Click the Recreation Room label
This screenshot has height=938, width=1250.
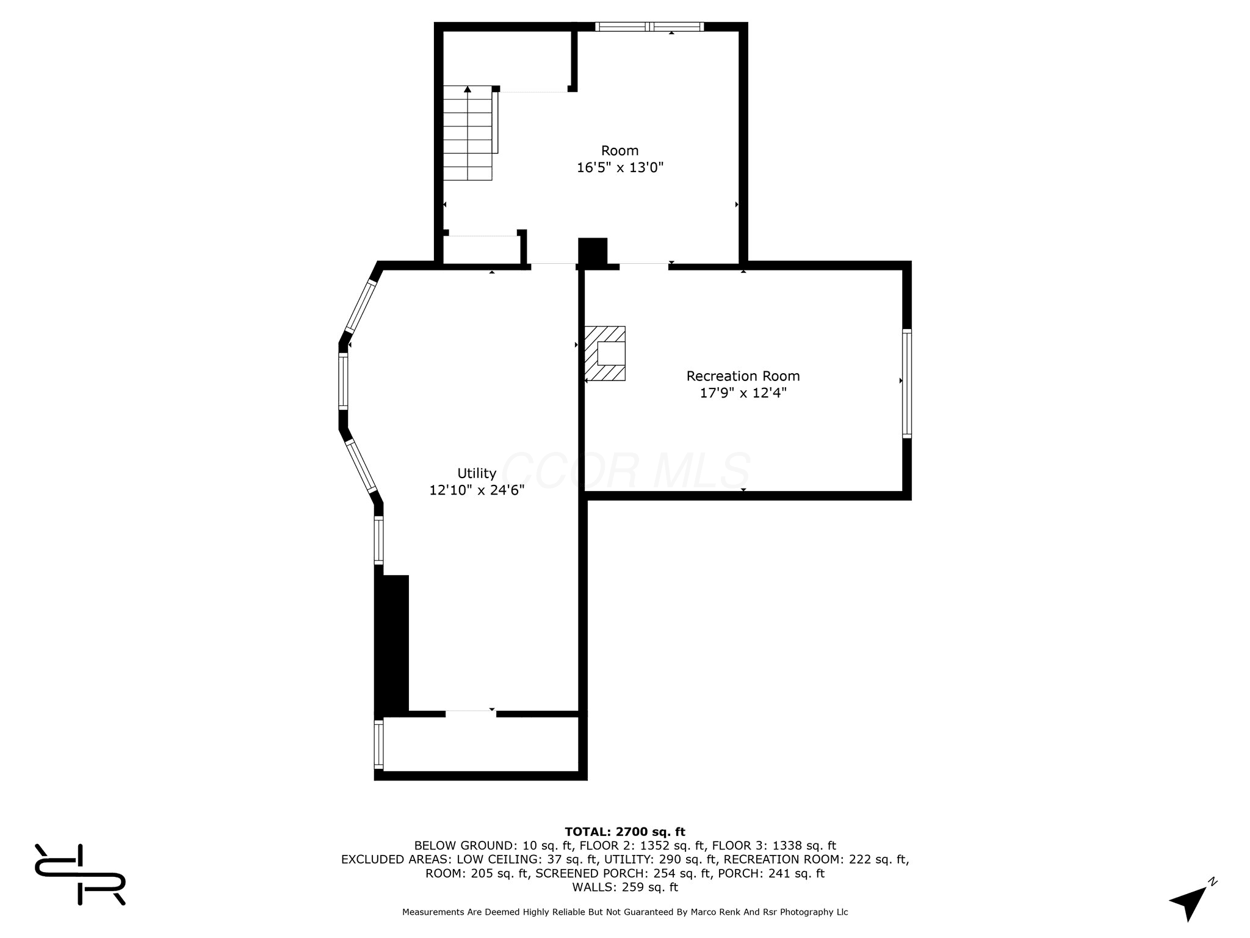click(x=743, y=376)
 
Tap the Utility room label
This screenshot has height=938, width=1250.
click(x=477, y=473)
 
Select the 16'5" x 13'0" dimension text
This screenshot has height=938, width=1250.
click(x=620, y=167)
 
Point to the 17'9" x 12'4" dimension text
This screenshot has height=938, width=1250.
click(x=743, y=393)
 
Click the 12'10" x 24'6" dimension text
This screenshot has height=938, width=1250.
click(x=477, y=490)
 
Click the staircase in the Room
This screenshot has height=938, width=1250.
click(x=468, y=133)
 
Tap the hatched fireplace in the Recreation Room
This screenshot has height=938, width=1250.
click(x=605, y=353)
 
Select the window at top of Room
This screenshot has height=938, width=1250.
click(x=649, y=26)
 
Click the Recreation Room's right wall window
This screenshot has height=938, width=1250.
click(x=907, y=384)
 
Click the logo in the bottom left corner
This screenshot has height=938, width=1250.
click(x=80, y=874)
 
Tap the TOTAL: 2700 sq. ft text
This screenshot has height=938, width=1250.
click(x=625, y=831)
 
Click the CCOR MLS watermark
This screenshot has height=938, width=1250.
click(x=626, y=471)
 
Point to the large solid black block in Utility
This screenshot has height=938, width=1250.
click(x=391, y=645)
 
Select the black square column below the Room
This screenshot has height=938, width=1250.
click(x=593, y=252)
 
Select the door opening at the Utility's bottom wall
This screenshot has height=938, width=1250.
click(x=471, y=713)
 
